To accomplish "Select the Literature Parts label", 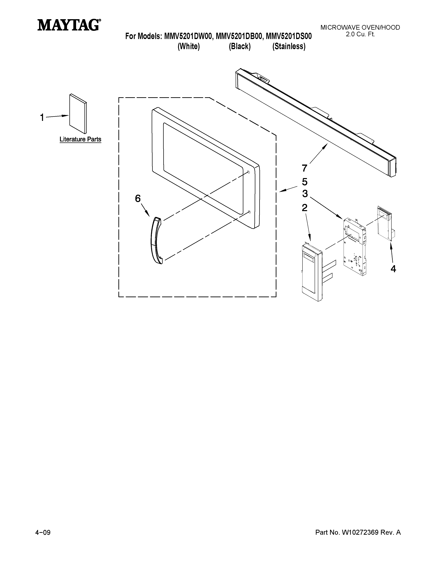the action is [x=80, y=139].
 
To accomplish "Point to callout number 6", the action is [x=138, y=198].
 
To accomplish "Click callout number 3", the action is [x=305, y=193].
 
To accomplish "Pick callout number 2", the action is [x=305, y=208].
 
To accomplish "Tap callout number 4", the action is [x=393, y=269].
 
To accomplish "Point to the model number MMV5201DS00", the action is [x=289, y=36].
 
